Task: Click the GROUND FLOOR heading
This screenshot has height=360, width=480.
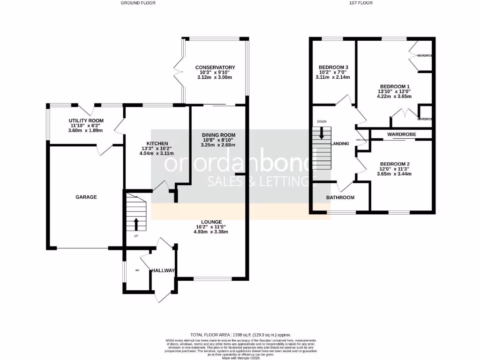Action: (x=138, y=3)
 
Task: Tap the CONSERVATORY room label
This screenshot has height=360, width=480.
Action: (x=215, y=67)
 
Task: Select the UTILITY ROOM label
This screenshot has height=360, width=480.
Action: (x=87, y=120)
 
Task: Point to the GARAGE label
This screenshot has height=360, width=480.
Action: (x=86, y=197)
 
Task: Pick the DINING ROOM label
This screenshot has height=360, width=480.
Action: (x=218, y=135)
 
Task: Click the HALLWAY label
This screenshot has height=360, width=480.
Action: (x=163, y=271)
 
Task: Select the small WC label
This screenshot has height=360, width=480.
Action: (x=138, y=270)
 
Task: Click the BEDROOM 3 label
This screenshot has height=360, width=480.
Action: (x=333, y=67)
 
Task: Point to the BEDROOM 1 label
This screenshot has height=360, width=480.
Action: (x=394, y=87)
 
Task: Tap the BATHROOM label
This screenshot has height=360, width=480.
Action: (x=340, y=198)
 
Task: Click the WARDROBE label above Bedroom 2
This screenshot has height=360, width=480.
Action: (x=402, y=135)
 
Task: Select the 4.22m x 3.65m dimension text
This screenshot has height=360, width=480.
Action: (x=394, y=97)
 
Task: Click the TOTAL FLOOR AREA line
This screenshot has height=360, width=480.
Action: (x=240, y=335)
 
